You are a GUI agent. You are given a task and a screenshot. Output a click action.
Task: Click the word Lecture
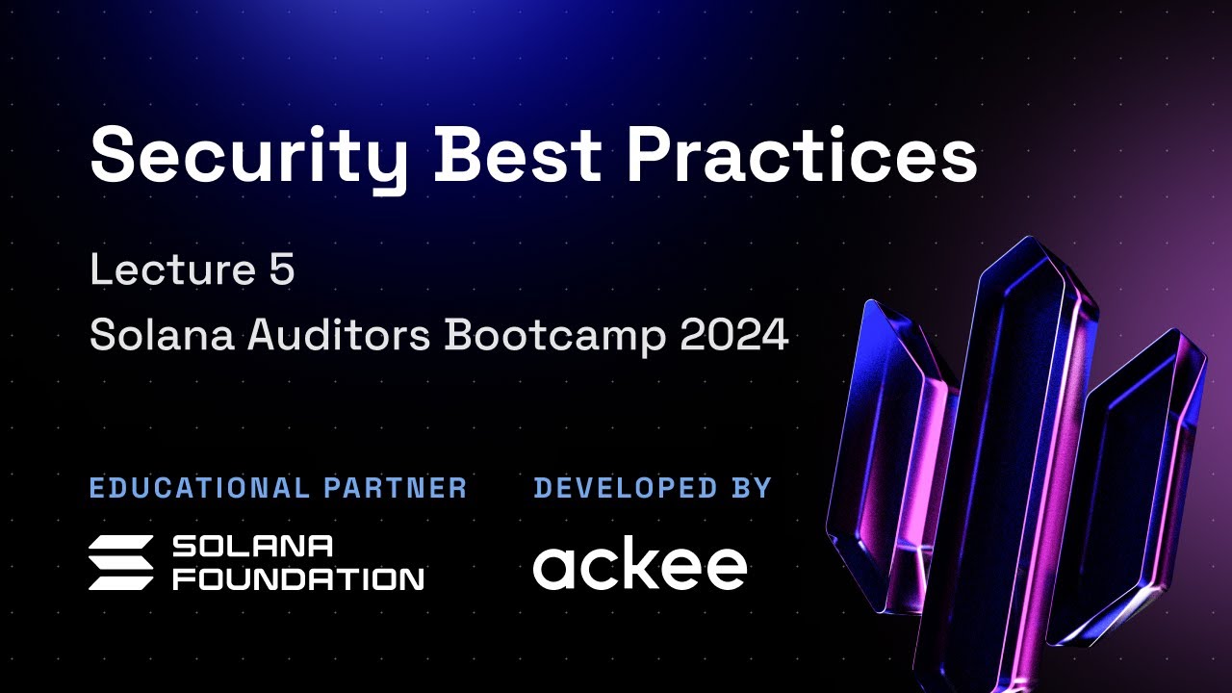coord(166,270)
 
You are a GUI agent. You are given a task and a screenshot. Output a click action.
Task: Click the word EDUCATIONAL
coord(199,488)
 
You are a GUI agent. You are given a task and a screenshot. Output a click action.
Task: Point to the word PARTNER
coord(396,488)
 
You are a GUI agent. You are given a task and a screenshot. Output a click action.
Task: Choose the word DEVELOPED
coord(624,488)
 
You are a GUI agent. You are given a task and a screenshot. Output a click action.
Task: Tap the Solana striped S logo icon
coord(120,562)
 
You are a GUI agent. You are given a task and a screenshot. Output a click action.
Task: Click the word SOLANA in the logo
coord(252,547)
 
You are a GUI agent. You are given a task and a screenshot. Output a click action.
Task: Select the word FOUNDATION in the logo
coord(297,577)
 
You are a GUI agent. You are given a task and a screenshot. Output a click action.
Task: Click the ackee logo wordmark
coord(640,566)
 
